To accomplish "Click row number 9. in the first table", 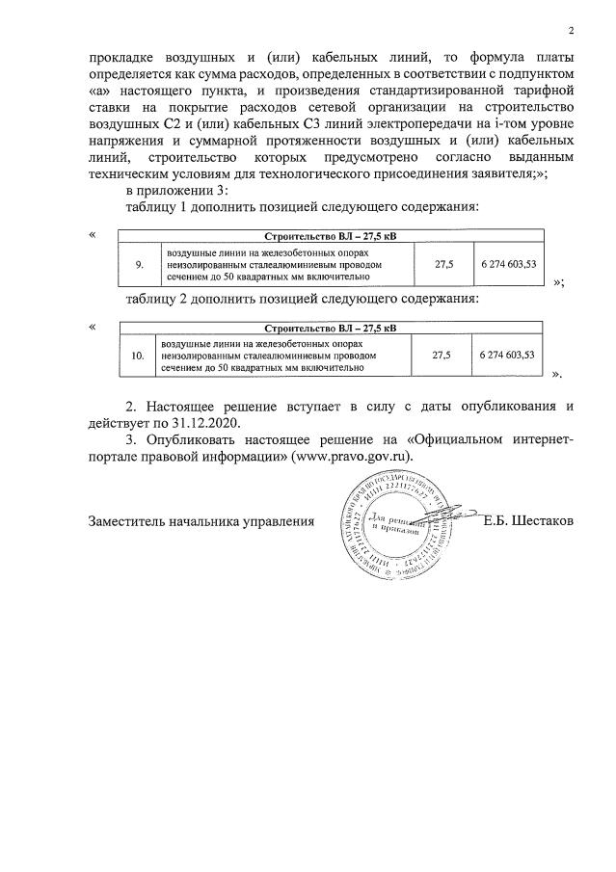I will tap(138, 263).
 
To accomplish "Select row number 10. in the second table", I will tap(138, 356).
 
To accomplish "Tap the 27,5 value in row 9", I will tap(442, 263).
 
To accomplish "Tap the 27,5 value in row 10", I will tap(442, 356).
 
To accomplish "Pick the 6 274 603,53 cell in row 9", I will tap(507, 263).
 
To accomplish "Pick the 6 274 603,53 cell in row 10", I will tap(507, 356).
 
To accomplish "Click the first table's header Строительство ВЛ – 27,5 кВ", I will tap(330, 236).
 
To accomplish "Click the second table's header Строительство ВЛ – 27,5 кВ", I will tap(330, 329).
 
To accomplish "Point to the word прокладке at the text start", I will tap(124, 57).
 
